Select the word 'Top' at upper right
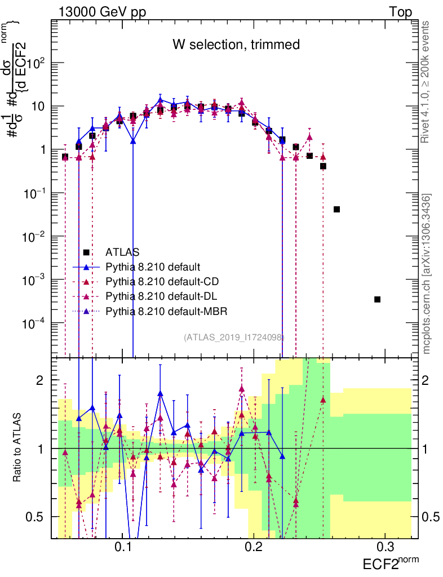click(x=400, y=12)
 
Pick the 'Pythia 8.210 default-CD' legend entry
click(x=161, y=281)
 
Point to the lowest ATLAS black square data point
click(x=377, y=299)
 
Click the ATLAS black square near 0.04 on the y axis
click(x=336, y=209)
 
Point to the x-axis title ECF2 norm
click(x=390, y=563)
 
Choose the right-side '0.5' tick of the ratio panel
click(x=431, y=517)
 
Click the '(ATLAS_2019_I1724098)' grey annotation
click(x=234, y=337)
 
